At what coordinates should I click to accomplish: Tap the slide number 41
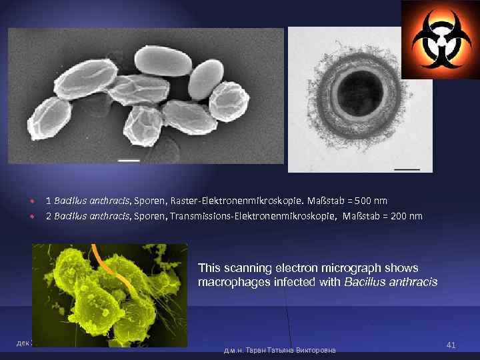451,345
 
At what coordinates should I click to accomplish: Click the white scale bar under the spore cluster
129,160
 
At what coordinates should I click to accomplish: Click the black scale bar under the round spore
407,169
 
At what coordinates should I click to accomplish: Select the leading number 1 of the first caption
48,201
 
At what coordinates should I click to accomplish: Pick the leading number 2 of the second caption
48,216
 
